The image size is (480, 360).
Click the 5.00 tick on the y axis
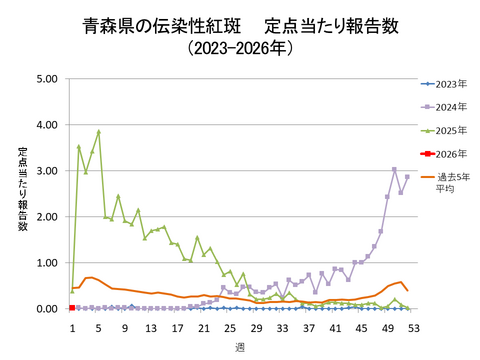point(46,79)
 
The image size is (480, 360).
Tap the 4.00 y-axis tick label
point(46,125)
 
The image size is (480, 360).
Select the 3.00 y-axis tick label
point(46,171)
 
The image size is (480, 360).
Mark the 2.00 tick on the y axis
point(46,217)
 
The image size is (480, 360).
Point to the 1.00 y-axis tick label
point(46,263)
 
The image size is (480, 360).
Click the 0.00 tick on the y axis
point(46,309)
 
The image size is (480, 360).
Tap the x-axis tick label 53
point(414,327)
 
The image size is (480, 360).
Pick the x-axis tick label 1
point(72,327)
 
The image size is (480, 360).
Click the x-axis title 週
point(241,345)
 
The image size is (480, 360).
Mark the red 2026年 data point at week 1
point(72,308)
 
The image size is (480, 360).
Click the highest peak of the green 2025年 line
point(98,131)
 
